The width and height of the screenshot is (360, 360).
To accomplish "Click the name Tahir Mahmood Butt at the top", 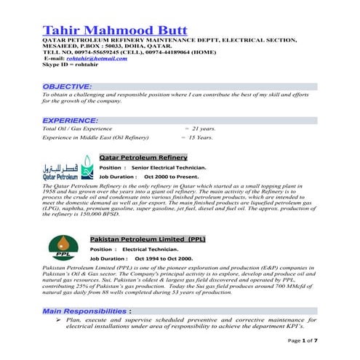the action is point(115,30).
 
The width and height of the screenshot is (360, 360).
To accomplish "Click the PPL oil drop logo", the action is point(65,249).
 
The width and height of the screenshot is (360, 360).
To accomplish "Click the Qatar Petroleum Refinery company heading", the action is point(143,157).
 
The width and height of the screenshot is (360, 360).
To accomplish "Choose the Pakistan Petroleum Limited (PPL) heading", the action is point(148,239).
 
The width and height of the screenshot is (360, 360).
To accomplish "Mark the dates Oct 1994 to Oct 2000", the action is point(164,258).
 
